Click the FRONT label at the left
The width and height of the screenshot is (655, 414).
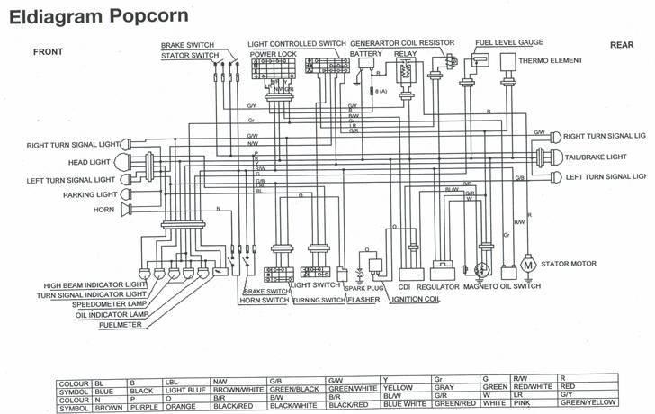(x=48, y=52)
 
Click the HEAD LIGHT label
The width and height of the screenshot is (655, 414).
(x=91, y=163)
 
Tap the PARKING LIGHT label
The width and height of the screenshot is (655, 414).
(x=87, y=194)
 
